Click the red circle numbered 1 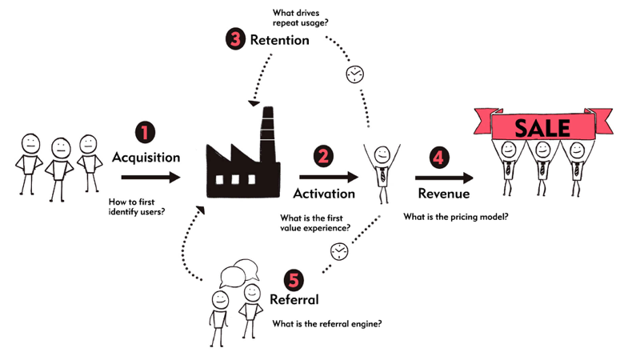(x=146, y=133)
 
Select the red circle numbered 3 (x=235, y=39)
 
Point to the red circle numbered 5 (x=294, y=279)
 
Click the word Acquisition (x=146, y=158)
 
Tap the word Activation (x=324, y=193)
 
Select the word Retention (x=279, y=40)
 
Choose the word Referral (x=294, y=301)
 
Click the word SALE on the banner (x=542, y=128)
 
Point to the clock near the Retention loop (x=353, y=74)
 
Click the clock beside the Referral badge (x=339, y=251)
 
